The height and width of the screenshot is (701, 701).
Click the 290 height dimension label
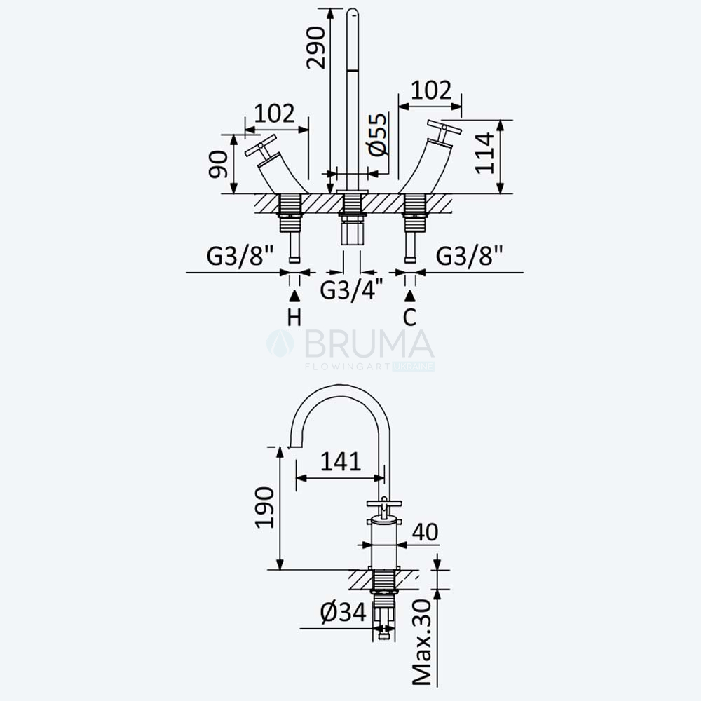(315, 48)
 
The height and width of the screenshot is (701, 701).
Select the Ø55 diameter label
(378, 135)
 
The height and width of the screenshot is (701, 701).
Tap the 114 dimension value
(484, 154)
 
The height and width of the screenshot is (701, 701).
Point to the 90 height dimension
(218, 165)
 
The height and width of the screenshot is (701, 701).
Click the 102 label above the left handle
(275, 114)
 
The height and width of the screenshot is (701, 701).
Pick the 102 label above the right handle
(431, 90)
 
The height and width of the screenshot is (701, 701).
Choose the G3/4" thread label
(351, 290)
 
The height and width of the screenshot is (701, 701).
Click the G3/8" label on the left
(240, 256)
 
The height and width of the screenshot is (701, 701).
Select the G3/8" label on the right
(470, 256)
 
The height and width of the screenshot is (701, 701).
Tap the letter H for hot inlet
(294, 318)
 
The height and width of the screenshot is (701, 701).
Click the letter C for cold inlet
(409, 318)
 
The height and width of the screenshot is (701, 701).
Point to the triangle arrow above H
(294, 296)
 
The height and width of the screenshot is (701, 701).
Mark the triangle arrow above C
(410, 296)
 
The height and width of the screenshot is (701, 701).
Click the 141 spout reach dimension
(341, 461)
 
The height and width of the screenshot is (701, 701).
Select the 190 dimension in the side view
(264, 508)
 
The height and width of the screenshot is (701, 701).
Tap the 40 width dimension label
(426, 532)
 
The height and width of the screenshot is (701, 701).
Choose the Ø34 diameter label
(343, 612)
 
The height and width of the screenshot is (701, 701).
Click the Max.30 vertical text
(422, 642)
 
